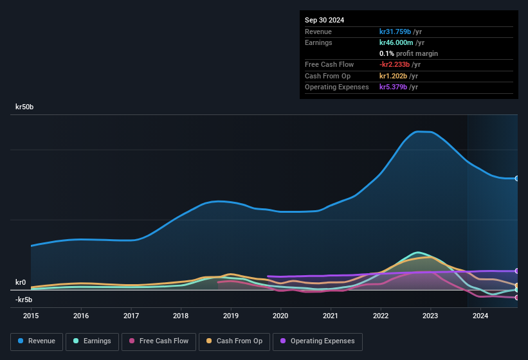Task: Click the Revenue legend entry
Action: click(36, 341)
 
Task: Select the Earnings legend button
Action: click(91, 341)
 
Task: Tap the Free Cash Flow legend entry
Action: click(158, 341)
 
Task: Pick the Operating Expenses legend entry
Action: click(318, 341)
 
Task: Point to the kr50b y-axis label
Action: click(24, 107)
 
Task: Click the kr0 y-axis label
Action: click(21, 282)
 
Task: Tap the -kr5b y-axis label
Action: click(24, 300)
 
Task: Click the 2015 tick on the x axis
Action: click(31, 316)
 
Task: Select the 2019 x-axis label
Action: click(231, 316)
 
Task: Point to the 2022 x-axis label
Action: click(381, 316)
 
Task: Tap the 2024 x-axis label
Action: click(480, 316)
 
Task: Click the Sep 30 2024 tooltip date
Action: click(324, 20)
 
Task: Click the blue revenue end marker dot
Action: click(517, 178)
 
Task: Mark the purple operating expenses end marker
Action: click(517, 271)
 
